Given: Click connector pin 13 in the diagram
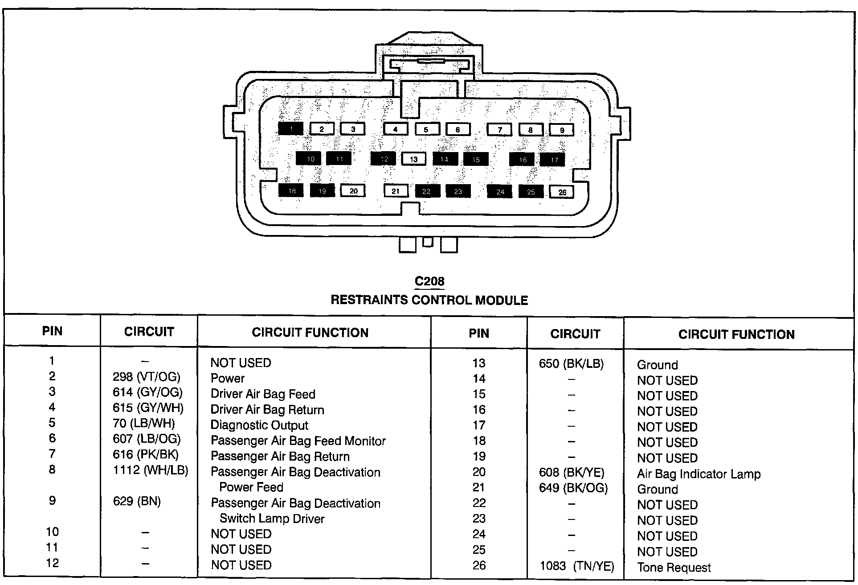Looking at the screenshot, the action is (414, 159).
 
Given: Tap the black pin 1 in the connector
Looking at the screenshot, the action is (290, 129).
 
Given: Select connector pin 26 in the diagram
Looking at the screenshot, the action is (562, 192).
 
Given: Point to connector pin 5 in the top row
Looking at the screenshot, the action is (426, 129).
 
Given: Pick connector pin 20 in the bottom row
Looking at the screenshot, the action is (353, 191).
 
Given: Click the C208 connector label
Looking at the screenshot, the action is (429, 281).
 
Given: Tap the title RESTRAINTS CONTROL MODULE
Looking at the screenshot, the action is (429, 300).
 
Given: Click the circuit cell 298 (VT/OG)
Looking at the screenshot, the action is (146, 377).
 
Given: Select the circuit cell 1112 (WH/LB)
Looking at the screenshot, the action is (150, 470).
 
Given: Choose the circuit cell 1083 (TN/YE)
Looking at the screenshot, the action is (577, 567).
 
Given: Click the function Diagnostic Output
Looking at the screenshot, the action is (259, 425).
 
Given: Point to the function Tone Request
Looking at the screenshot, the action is (674, 568).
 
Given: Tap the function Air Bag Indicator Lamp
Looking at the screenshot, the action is (699, 474).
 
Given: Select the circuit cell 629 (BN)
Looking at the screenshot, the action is (137, 502).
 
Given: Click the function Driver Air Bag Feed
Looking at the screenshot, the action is (262, 394).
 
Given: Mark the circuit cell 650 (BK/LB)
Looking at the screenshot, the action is (571, 364).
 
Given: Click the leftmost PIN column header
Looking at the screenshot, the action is (52, 331).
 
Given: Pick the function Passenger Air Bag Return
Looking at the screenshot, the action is (280, 457).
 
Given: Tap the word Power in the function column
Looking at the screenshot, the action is (227, 379).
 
